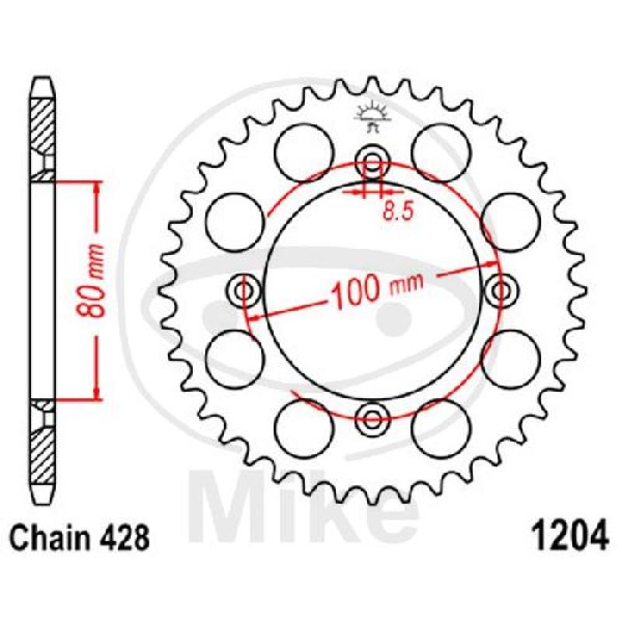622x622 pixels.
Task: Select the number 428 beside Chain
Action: (125, 537)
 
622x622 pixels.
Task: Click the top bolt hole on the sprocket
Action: (372, 161)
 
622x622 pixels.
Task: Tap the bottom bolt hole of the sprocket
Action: (372, 418)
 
